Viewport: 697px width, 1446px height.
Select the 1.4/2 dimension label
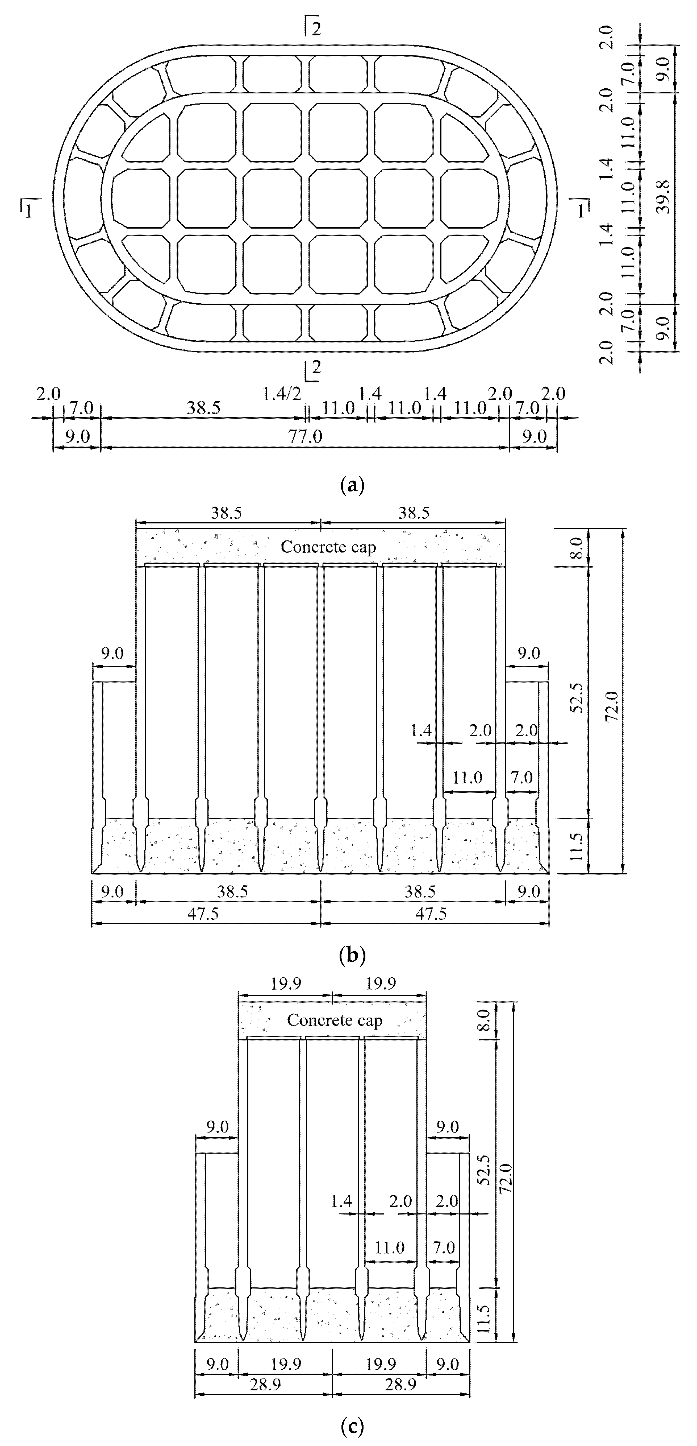(x=282, y=395)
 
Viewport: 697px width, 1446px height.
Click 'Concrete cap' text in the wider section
(x=328, y=547)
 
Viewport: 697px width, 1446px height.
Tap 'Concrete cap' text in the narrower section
(x=335, y=1020)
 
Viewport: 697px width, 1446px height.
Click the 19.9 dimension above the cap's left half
(x=286, y=984)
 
